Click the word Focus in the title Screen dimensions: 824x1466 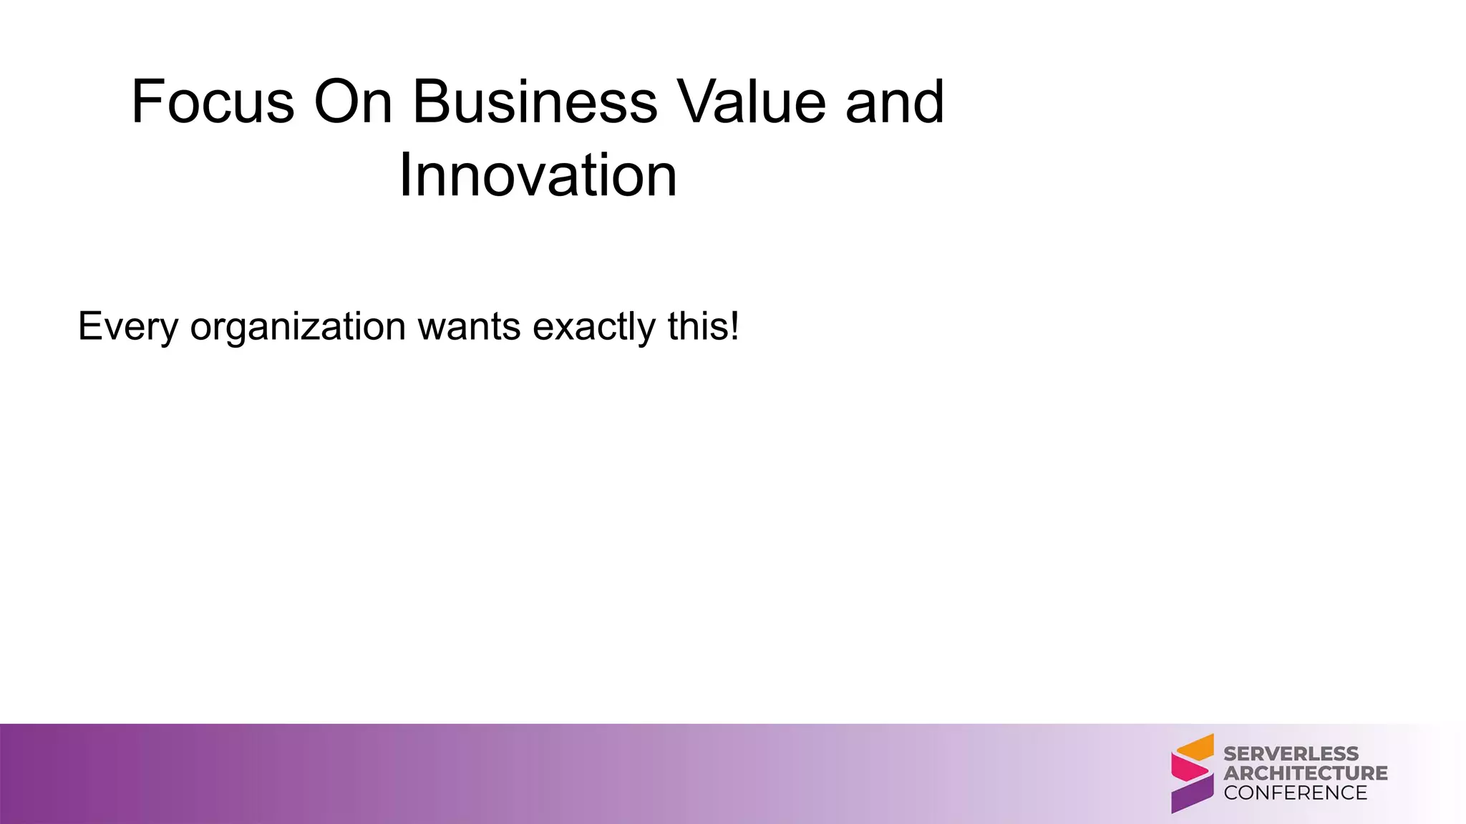coord(213,102)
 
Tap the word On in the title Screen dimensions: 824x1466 coord(353,102)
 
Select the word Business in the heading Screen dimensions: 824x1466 coord(535,102)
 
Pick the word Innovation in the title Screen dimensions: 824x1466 coord(538,176)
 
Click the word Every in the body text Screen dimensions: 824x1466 coord(127,327)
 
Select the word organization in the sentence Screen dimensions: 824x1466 coord(298,327)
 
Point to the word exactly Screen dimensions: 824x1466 coord(594,327)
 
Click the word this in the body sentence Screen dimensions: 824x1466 coord(696,327)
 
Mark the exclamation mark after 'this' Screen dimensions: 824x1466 coord(734,327)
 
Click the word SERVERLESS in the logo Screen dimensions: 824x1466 coord(1291,754)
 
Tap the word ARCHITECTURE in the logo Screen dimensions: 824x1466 coord(1305,773)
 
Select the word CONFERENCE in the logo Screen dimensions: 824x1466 coord(1295,793)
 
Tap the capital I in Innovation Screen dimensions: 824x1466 coord(404,176)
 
